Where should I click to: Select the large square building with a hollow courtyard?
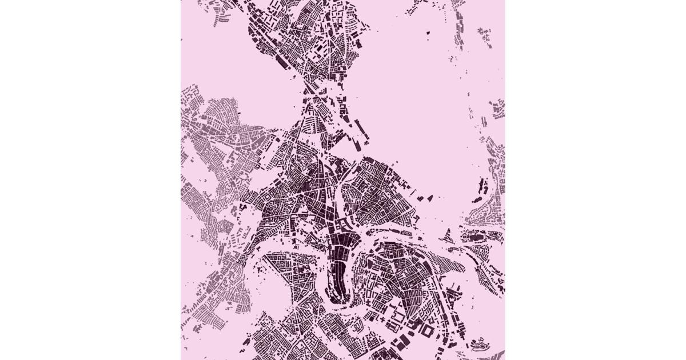[x=426, y=331]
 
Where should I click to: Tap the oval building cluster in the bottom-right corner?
[x=480, y=343]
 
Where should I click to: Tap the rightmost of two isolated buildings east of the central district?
[x=429, y=198]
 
